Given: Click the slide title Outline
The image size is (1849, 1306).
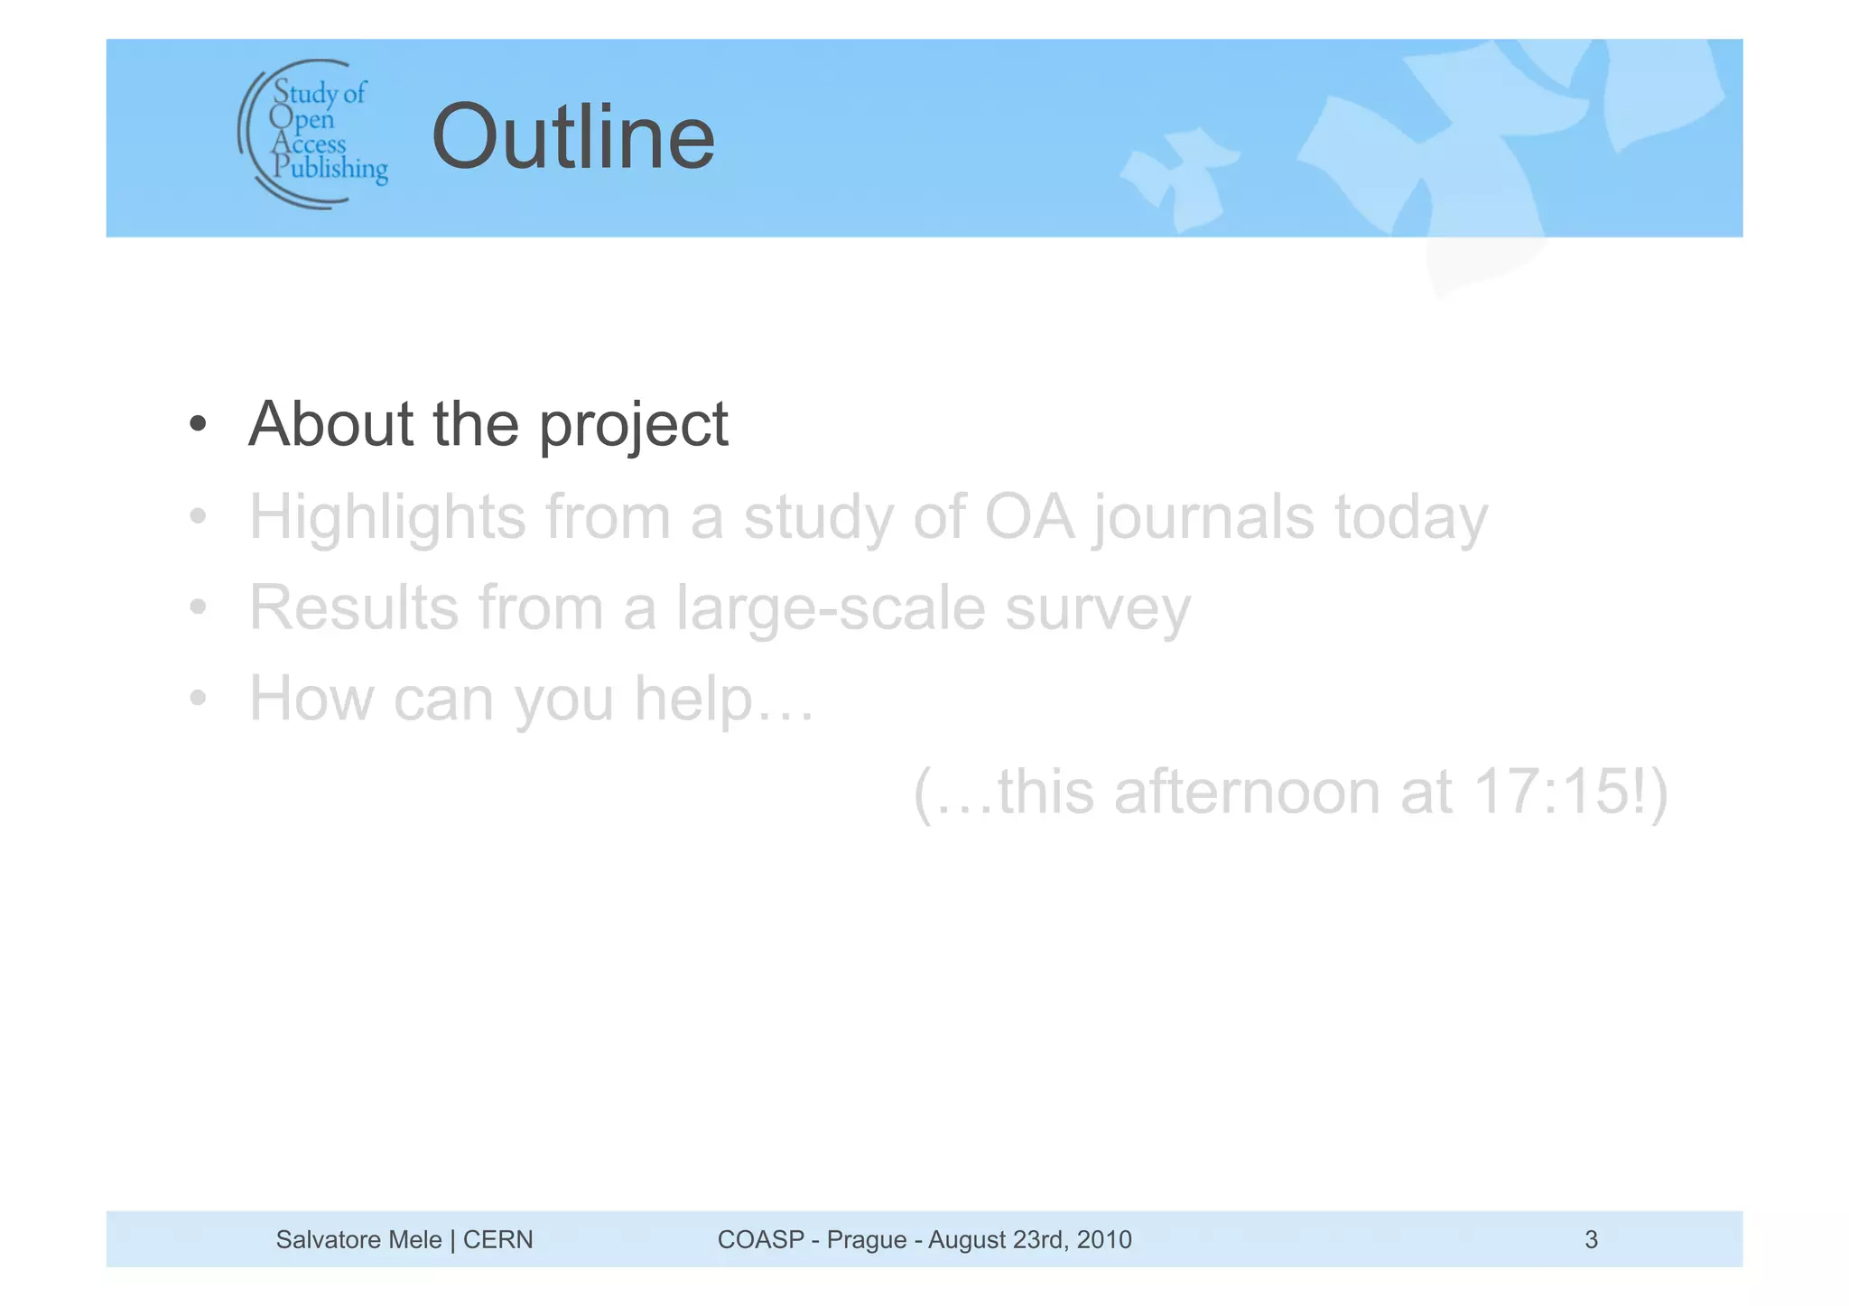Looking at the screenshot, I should click(x=573, y=137).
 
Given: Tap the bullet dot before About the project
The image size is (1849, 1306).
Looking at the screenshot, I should click(x=198, y=424).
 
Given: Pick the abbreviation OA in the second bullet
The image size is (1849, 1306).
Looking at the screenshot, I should click(x=1029, y=517).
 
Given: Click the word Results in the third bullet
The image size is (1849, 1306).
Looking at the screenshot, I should click(x=354, y=607).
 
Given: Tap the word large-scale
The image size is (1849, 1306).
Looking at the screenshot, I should click(x=831, y=607).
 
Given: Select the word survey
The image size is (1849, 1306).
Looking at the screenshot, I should click(x=1098, y=609).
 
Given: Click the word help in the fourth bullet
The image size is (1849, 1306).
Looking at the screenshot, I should click(x=693, y=699).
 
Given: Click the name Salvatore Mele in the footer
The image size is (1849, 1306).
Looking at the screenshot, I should click(x=358, y=1239).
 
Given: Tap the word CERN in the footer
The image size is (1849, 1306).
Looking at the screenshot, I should click(x=497, y=1239).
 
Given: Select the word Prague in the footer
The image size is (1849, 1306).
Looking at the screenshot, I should click(x=867, y=1239).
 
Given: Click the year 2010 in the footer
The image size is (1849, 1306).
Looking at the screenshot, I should click(x=1104, y=1239).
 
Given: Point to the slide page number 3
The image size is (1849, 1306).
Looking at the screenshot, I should click(x=1591, y=1239).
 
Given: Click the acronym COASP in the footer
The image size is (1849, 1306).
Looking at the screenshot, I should click(x=760, y=1239).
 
